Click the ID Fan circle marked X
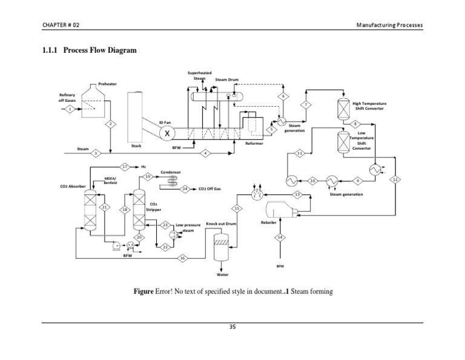(168, 133)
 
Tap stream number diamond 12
(395, 180)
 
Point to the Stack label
(136, 146)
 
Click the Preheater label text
(107, 84)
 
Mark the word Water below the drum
(222, 274)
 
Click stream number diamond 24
(184, 188)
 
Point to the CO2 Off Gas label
(209, 188)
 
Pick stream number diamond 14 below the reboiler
(280, 237)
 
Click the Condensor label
(170, 172)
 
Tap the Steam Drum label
(227, 79)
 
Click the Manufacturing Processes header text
(389, 24)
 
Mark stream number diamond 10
(312, 181)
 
